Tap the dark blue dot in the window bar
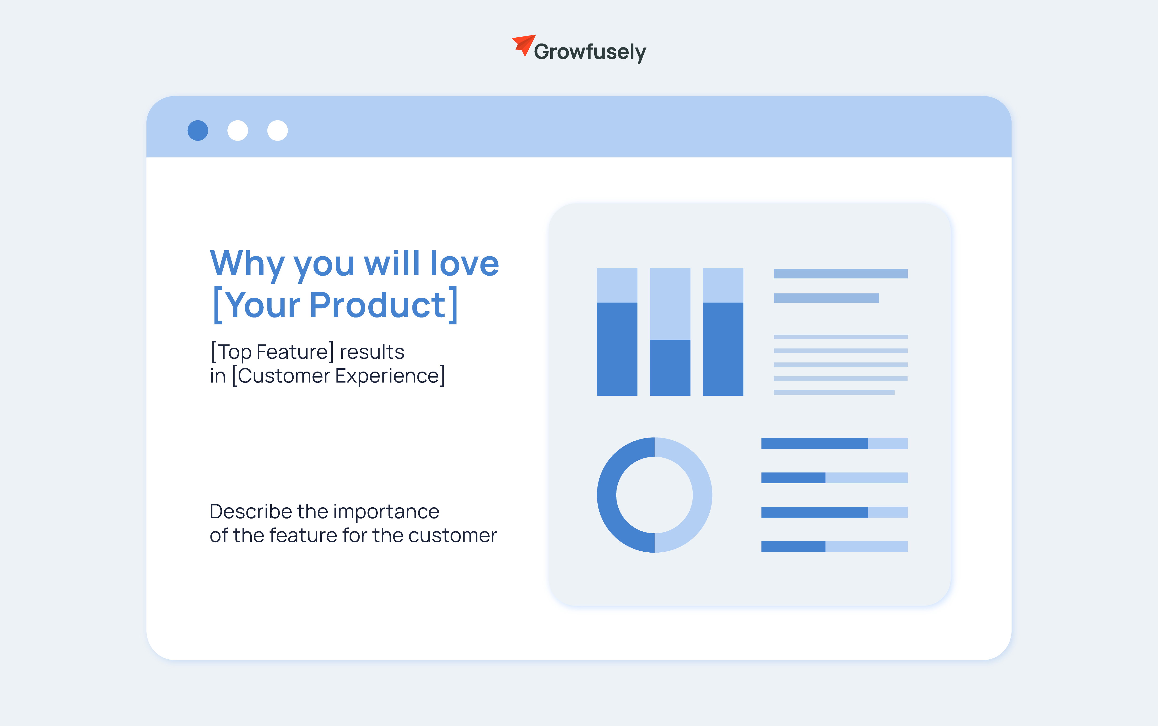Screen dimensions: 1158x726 point(198,131)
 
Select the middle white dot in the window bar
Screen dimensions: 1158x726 point(238,131)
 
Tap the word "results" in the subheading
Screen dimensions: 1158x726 point(372,352)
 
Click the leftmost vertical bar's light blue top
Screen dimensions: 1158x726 point(617,285)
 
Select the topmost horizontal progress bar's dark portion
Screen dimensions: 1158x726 point(814,443)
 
